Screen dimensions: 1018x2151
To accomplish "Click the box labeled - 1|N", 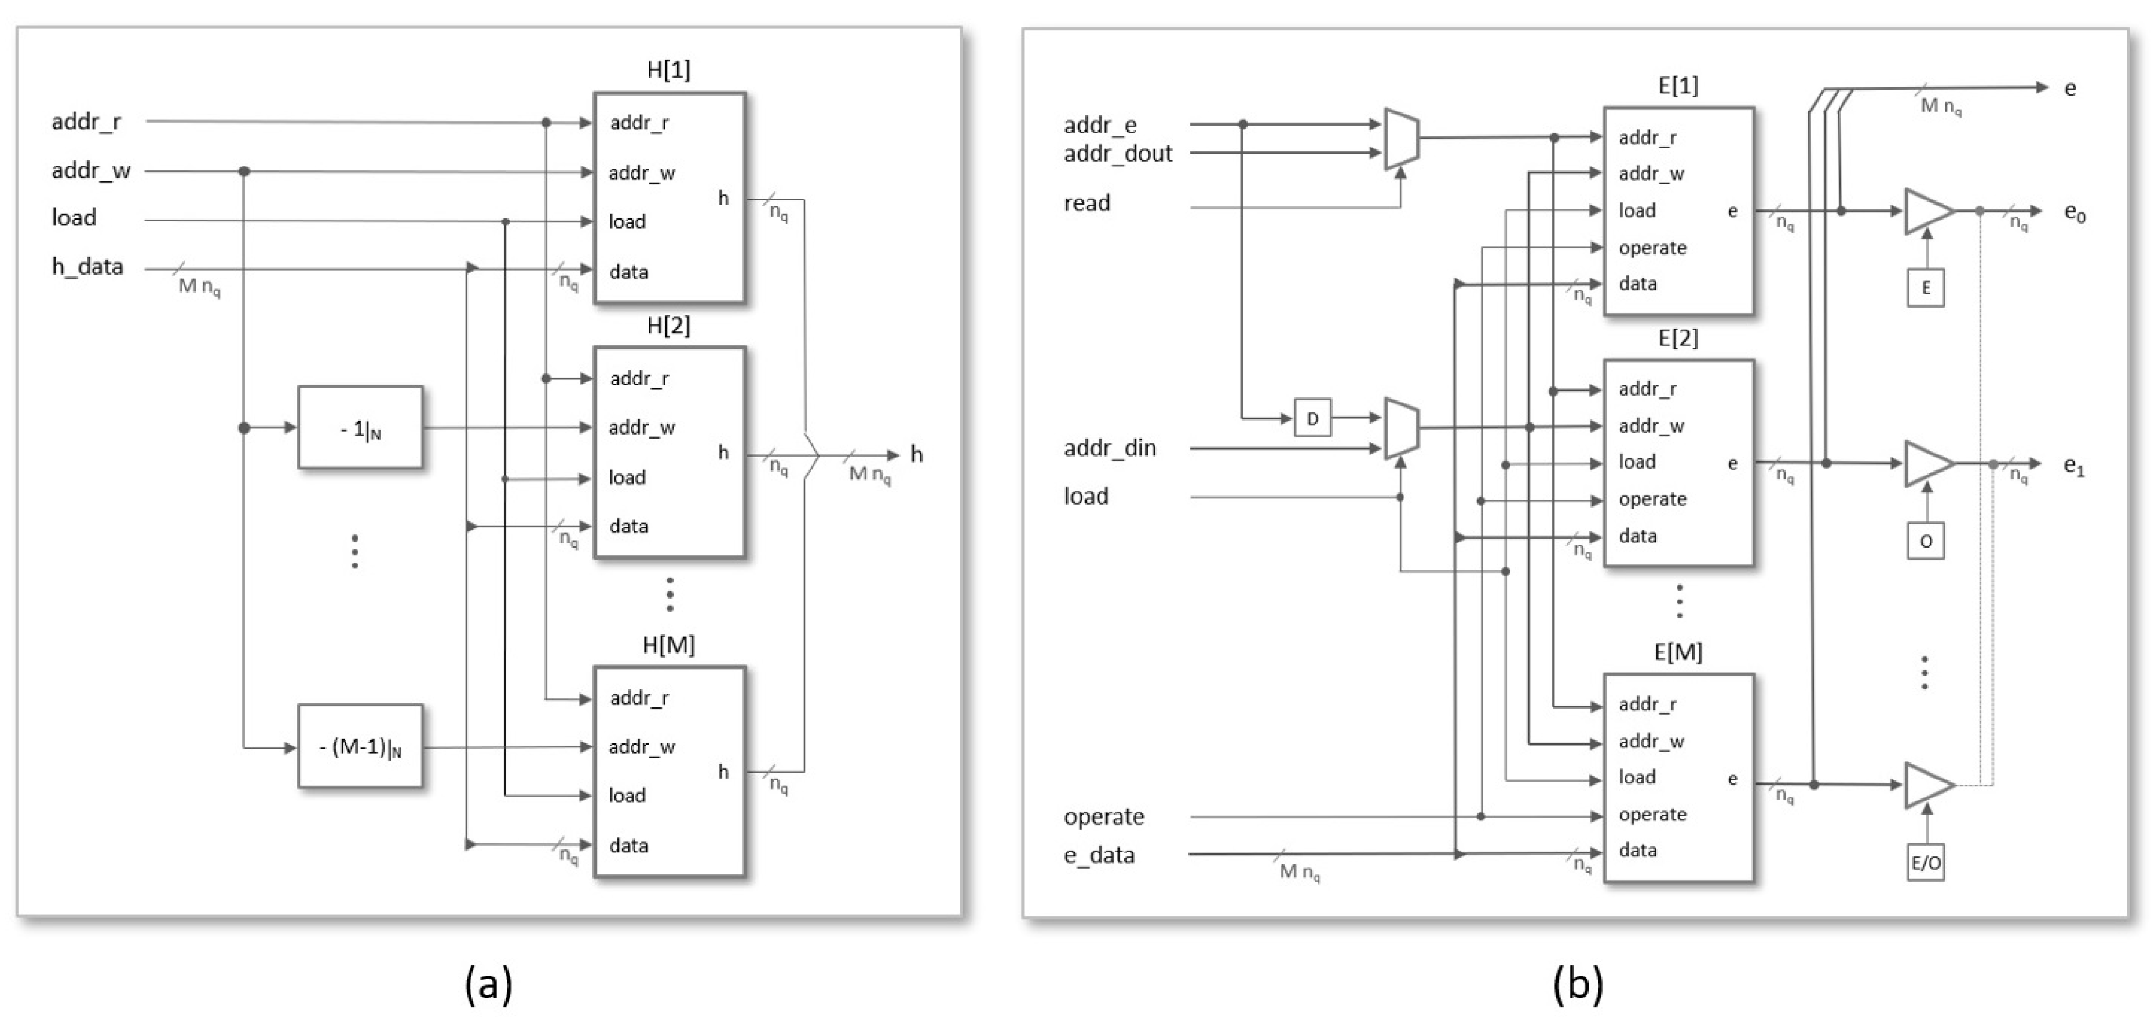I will pos(360,428).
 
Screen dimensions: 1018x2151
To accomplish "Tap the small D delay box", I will pos(1312,418).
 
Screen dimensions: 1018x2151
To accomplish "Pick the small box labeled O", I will pos(1926,541).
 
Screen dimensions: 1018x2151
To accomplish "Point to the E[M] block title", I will pos(1678,652).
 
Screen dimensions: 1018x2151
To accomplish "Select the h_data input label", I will pos(87,267).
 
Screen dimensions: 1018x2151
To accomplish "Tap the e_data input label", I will pos(1099,855).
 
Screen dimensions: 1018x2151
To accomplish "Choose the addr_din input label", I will pos(1110,448).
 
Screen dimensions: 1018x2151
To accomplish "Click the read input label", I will pos(1087,203).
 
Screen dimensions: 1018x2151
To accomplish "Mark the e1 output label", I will pos(2073,465).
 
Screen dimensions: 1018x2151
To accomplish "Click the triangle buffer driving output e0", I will pos(1926,211).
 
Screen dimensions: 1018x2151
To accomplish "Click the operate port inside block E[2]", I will pos(1652,499).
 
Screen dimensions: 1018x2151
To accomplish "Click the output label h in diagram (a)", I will pos(916,454).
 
